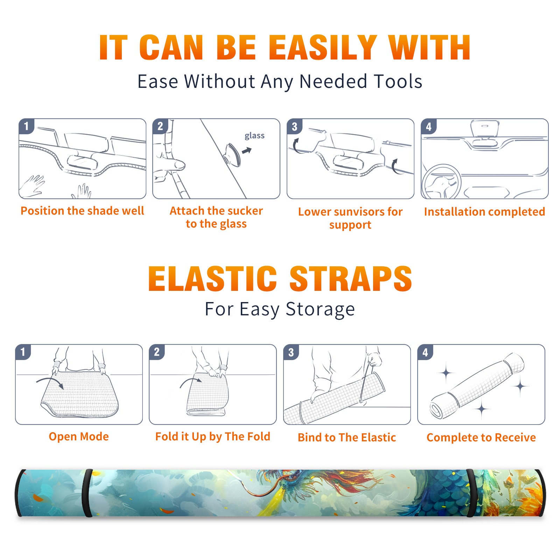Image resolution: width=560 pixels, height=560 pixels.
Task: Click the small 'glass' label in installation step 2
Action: coord(254,135)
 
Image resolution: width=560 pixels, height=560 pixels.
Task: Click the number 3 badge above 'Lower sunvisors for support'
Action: coord(294,126)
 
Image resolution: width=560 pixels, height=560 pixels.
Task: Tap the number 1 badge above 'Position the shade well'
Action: coord(26,126)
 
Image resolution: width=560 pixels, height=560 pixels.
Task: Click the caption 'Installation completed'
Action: coord(484,211)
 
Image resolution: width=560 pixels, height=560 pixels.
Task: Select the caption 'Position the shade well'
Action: coord(82,211)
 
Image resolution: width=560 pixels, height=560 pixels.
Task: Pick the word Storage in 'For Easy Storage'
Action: coord(320,309)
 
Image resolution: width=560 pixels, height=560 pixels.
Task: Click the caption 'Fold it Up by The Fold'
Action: coord(213,436)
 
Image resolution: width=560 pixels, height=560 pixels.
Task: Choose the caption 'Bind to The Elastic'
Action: coord(347,437)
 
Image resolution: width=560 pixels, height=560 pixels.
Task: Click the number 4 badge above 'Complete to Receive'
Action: coord(425,352)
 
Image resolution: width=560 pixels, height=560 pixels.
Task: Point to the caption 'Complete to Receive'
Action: coord(481,437)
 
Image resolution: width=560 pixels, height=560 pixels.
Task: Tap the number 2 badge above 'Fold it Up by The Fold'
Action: coord(157,352)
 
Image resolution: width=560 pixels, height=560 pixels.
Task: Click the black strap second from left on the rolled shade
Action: coord(88,493)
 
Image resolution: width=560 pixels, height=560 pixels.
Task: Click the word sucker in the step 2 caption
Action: coord(245,211)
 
